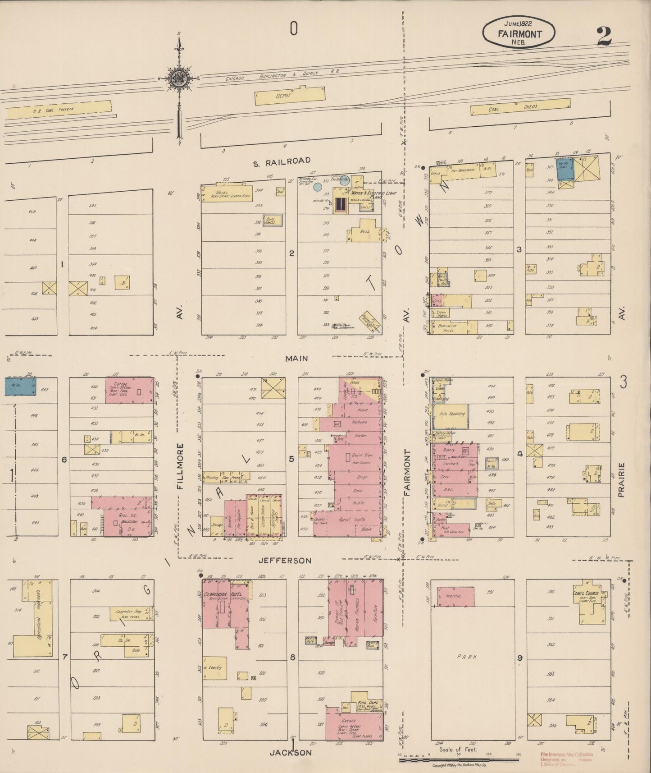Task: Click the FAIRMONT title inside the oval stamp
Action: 519,34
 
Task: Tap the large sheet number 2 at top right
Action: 604,37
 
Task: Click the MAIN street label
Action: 296,359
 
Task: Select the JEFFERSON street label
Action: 285,561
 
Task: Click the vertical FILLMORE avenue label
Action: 181,466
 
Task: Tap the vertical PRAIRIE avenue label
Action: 622,480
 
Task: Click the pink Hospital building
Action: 455,596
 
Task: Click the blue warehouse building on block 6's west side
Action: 21,387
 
